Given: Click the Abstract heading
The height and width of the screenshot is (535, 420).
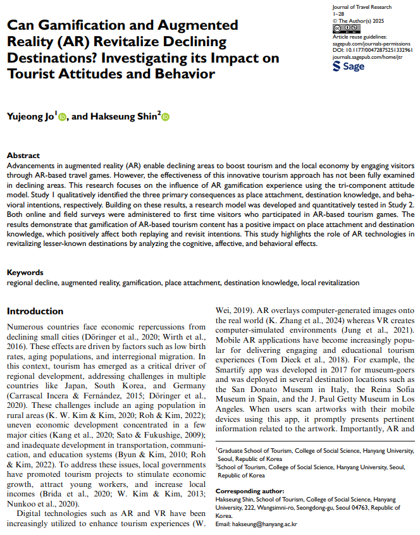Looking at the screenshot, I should click(23, 156).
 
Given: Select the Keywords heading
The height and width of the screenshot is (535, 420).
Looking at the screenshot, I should click(25, 273).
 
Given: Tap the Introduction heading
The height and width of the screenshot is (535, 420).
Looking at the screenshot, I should click(35, 311).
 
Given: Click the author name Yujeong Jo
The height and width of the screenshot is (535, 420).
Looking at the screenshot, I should click(30, 117).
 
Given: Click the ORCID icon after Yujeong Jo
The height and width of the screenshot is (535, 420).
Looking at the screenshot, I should click(62, 117).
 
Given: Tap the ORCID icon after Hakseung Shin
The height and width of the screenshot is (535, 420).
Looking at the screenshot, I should click(166, 117).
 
